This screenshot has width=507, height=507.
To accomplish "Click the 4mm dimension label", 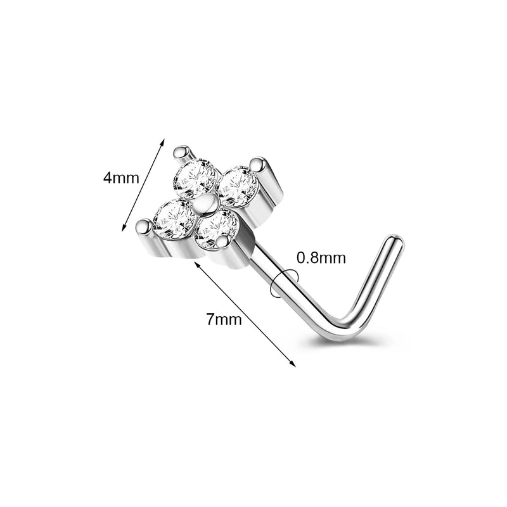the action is coord(121,178).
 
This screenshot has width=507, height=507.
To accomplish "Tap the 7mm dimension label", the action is coord(224,320).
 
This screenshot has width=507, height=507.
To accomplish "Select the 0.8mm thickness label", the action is coord(321,258).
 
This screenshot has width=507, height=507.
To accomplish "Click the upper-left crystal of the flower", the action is coord(195,178).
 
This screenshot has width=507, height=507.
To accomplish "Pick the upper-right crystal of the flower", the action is coord(238,186).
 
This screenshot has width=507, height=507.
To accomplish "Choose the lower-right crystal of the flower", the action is coord(217,229).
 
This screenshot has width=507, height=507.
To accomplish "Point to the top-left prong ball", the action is coord(181,152).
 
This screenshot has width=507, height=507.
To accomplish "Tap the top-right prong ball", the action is coord(257,164).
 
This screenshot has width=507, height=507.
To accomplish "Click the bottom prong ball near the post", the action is coord(224,242).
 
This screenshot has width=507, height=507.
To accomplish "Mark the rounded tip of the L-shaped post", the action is coord(395,240).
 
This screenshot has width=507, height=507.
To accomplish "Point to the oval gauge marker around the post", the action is coord(285,283).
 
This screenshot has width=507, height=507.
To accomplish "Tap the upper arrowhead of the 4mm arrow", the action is coord(164,141).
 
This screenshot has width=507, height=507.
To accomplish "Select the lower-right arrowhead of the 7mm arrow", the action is coord(293,364).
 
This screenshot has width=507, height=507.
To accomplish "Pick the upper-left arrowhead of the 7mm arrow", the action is coord(196,264).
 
